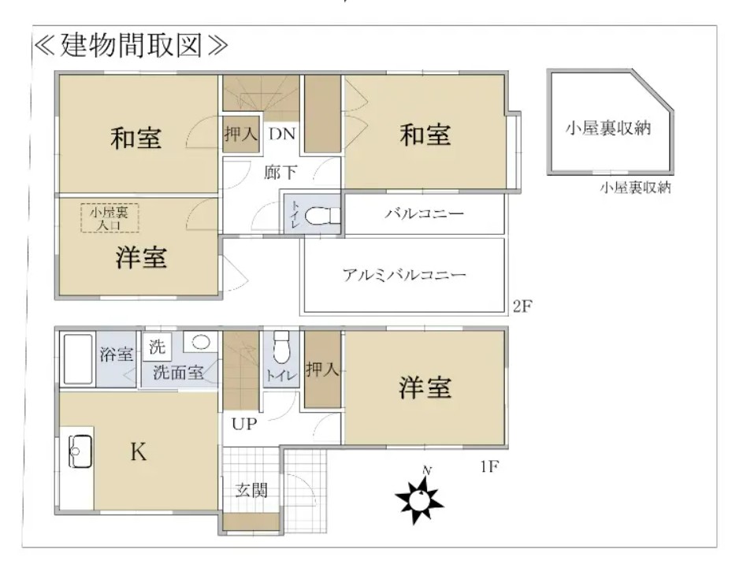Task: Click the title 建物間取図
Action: click(x=132, y=46)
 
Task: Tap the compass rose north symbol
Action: click(x=419, y=497)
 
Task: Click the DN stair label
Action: click(x=282, y=134)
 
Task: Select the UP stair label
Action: click(x=244, y=424)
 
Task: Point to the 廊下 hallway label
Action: click(x=280, y=173)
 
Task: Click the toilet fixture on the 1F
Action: click(x=281, y=347)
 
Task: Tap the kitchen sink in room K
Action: click(x=80, y=451)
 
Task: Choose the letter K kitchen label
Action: click(x=139, y=451)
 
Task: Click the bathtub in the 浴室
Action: click(x=78, y=359)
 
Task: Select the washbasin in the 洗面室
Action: click(x=201, y=342)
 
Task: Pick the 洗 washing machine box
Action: click(x=157, y=347)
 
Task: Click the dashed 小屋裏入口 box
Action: click(x=110, y=218)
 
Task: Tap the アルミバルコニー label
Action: click(x=404, y=275)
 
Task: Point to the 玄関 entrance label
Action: click(x=251, y=490)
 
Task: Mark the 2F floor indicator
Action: click(x=522, y=306)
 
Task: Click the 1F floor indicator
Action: click(x=489, y=466)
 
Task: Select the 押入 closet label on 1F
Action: click(x=322, y=369)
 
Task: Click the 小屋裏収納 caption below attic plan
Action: click(x=635, y=188)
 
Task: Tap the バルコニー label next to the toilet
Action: click(x=424, y=214)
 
